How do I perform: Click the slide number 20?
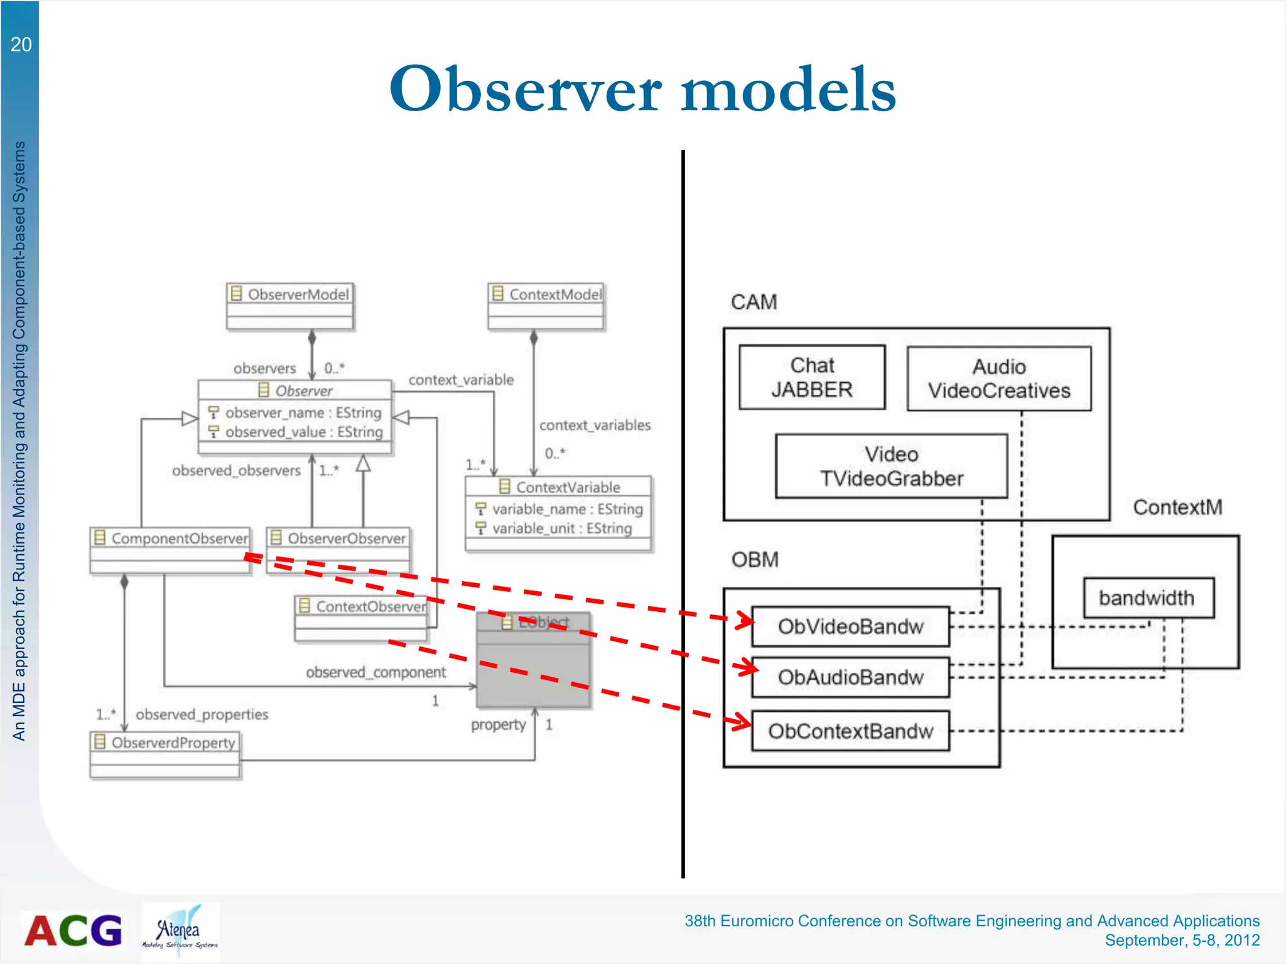[21, 45]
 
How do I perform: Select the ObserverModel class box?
[290, 306]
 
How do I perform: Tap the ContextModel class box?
[546, 306]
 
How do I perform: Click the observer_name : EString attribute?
[303, 412]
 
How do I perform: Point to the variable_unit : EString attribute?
[561, 528]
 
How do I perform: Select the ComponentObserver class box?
[170, 550]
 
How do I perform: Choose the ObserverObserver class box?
[338, 550]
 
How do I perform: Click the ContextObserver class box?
[362, 618]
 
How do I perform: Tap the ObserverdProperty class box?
[165, 754]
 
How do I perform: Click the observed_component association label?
[376, 672]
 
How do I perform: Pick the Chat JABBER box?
[812, 377]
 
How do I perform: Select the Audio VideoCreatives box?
[998, 378]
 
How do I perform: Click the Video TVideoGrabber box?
[891, 466]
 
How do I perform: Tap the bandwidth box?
[1148, 598]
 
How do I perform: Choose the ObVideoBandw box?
[850, 626]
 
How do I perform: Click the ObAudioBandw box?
[850, 677]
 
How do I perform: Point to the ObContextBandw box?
[850, 731]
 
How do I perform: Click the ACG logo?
[73, 930]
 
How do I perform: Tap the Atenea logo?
[180, 931]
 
